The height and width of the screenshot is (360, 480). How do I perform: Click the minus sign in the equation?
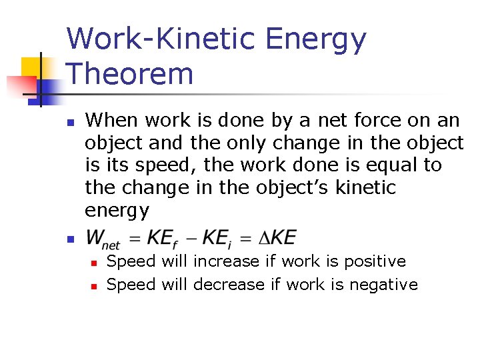(x=192, y=239)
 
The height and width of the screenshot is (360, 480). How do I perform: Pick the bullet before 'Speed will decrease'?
(x=95, y=286)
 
